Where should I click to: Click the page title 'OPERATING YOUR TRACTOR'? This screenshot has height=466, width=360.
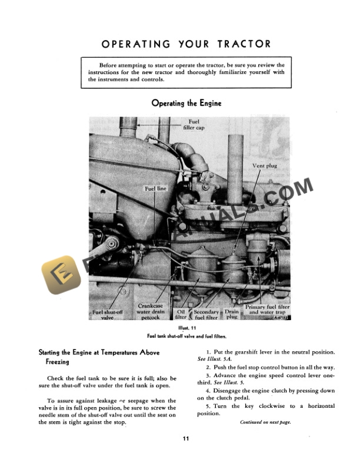pyautogui.click(x=186, y=44)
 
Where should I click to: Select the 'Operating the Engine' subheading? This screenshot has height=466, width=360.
pyautogui.click(x=186, y=103)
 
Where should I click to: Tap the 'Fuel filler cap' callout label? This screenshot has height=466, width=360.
pyautogui.click(x=194, y=124)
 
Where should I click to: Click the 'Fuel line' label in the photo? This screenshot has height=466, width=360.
pyautogui.click(x=155, y=188)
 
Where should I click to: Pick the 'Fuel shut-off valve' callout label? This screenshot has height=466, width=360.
pyautogui.click(x=107, y=314)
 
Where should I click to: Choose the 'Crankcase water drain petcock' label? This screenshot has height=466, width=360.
pyautogui.click(x=151, y=311)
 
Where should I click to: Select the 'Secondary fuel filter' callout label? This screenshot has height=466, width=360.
pyautogui.click(x=206, y=314)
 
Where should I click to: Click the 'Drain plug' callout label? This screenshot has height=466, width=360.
pyautogui.click(x=232, y=314)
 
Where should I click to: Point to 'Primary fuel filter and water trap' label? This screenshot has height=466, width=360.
pyautogui.click(x=268, y=309)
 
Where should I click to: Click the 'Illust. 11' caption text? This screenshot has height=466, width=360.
pyautogui.click(x=186, y=328)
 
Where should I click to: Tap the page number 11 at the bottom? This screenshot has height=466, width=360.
pyautogui.click(x=185, y=438)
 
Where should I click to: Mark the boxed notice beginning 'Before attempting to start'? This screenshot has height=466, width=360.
pyautogui.click(x=186, y=72)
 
